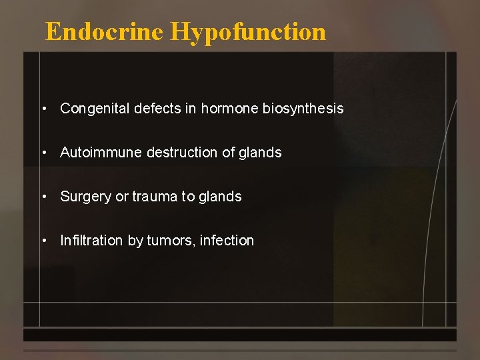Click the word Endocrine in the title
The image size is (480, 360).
click(x=104, y=31)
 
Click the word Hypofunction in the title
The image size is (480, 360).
click(x=248, y=32)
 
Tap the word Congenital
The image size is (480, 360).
click(x=95, y=109)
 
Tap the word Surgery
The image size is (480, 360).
click(x=85, y=197)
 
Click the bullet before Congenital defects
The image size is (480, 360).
click(x=43, y=109)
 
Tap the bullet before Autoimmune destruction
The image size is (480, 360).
click(x=43, y=153)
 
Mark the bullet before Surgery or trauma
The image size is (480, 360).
click(x=43, y=197)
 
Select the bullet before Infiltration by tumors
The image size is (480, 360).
click(x=43, y=241)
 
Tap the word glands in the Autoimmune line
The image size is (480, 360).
click(x=260, y=153)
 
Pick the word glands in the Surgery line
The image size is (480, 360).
click(x=220, y=197)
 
